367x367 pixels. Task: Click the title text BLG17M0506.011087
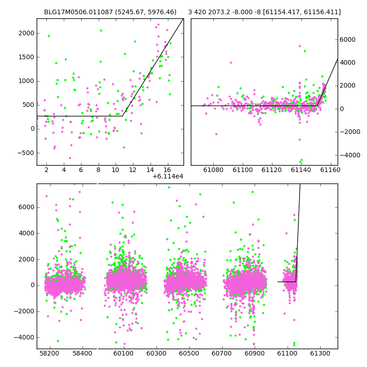pos(78,12)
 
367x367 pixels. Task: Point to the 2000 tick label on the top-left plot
pos(27,33)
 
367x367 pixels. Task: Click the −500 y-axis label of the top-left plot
pos(26,153)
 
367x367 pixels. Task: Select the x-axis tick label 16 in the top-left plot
pos(167,170)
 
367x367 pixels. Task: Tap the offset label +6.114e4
pos(168,176)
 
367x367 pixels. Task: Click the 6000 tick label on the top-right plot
pos(348,39)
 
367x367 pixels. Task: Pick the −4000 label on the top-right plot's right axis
pos(350,155)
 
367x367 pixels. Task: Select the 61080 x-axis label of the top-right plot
pos(213,170)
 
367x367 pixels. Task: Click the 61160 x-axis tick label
pos(330,170)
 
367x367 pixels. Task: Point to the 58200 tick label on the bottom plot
pos(50,353)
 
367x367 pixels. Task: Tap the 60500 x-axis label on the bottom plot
pos(189,353)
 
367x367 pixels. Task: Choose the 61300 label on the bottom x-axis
pos(320,353)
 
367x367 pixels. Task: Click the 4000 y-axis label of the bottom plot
pos(27,233)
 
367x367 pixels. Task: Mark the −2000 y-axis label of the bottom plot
pos(24,311)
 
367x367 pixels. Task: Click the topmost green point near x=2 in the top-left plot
pos(49,36)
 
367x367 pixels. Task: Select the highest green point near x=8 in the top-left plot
pos(101,30)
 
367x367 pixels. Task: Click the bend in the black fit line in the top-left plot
pos(122,116)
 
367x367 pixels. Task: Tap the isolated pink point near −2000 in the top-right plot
pos(216,134)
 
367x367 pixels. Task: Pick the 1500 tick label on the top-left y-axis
pos(27,57)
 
